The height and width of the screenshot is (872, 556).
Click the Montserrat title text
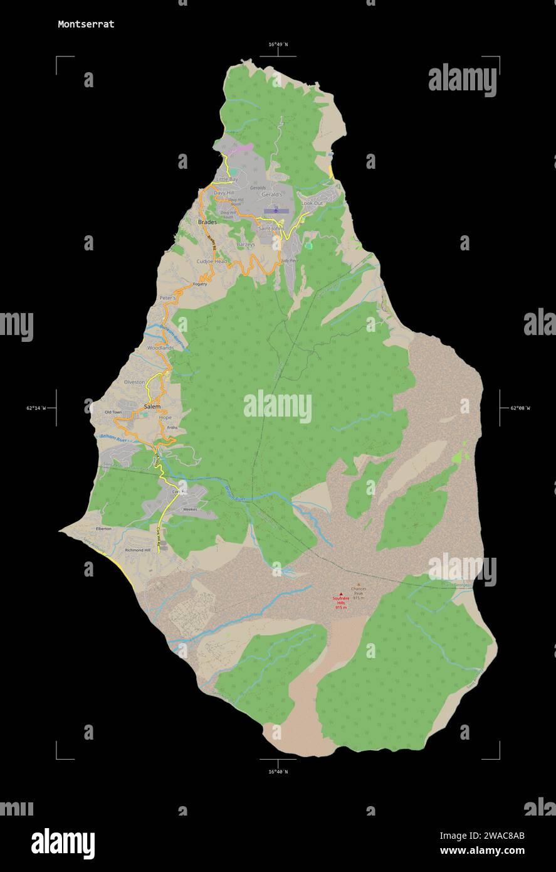[x=86, y=24]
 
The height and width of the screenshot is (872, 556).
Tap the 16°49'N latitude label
[x=278, y=45]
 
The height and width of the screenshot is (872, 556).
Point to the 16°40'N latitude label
[x=278, y=772]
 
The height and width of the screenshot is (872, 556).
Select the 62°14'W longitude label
[x=36, y=408]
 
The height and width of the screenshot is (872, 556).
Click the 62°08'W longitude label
[x=520, y=408]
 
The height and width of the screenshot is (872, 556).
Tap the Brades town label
[x=207, y=222]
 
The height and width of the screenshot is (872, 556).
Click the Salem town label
[x=152, y=407]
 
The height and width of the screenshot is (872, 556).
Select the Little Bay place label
[x=227, y=179]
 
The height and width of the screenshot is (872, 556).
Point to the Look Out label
[x=312, y=204]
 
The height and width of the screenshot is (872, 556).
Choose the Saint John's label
[x=270, y=229]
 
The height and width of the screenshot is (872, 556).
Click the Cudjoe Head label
[x=212, y=262]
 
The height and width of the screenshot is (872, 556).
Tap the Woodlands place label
[x=160, y=348]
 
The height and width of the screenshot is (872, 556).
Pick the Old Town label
[x=113, y=412]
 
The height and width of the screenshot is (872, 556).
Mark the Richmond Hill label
[x=138, y=550]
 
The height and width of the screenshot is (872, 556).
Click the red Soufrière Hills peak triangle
[x=341, y=593]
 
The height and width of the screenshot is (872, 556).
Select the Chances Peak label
[x=359, y=591]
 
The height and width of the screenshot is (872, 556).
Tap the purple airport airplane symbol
[x=275, y=211]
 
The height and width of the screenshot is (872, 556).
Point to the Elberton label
[x=103, y=529]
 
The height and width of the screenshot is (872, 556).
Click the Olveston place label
[x=134, y=382]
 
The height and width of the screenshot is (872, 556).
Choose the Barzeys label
[x=246, y=245]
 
